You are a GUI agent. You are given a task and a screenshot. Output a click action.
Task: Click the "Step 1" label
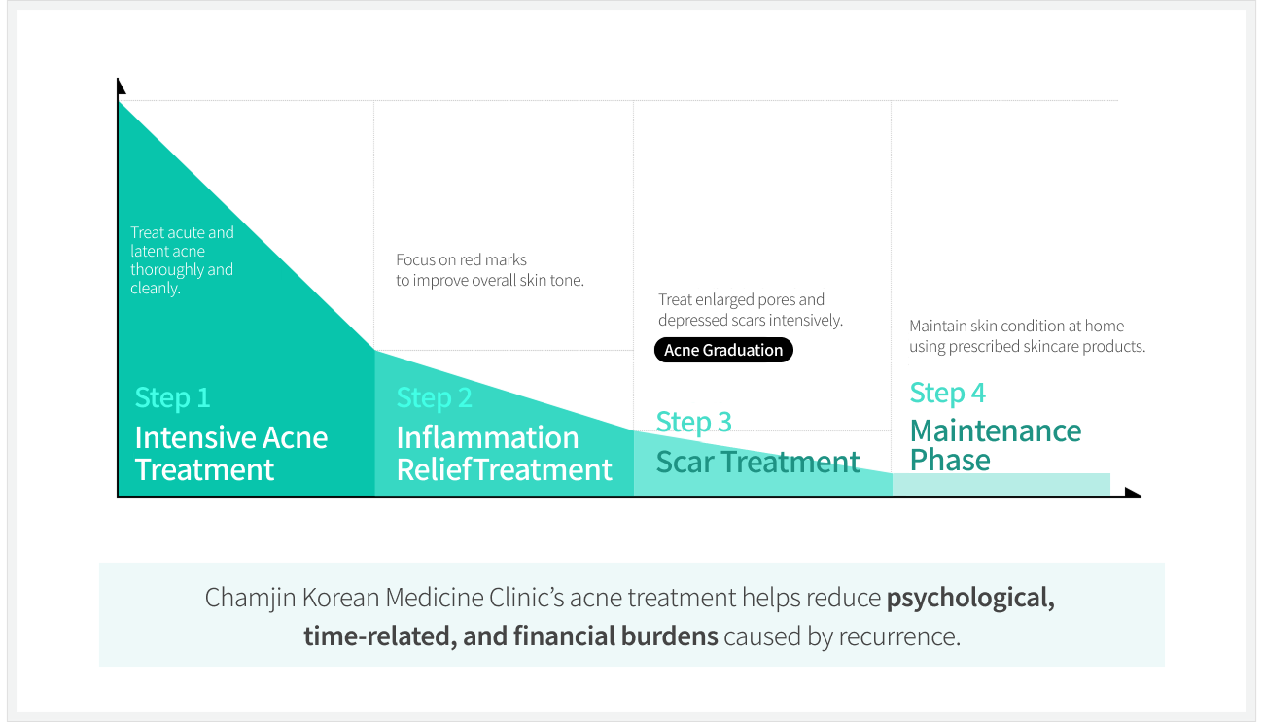(x=172, y=397)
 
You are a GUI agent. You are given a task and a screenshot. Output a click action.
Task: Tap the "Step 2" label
(x=434, y=397)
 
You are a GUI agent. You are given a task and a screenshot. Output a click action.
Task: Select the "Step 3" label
(x=693, y=422)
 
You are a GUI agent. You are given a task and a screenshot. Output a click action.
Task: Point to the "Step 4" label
(x=947, y=393)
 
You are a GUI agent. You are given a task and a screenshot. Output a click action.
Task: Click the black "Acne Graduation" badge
(x=723, y=350)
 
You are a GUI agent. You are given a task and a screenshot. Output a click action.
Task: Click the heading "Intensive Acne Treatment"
(x=230, y=453)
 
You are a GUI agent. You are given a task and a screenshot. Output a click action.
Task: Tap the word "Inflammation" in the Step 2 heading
(x=487, y=437)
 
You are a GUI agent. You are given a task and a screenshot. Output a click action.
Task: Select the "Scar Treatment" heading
(x=757, y=462)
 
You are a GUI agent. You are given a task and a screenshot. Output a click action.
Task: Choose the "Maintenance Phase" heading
(x=995, y=445)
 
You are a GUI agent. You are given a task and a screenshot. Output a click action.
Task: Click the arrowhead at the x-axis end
(x=1133, y=493)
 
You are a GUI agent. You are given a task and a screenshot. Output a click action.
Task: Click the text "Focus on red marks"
(x=461, y=259)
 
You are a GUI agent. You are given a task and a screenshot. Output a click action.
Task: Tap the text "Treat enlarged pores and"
(x=741, y=299)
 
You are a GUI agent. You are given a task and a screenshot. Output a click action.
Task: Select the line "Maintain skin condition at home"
(x=1016, y=326)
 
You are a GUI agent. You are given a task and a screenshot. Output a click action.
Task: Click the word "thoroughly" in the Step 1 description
(x=166, y=270)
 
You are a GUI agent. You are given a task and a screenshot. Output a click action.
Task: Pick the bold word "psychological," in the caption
(x=969, y=597)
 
